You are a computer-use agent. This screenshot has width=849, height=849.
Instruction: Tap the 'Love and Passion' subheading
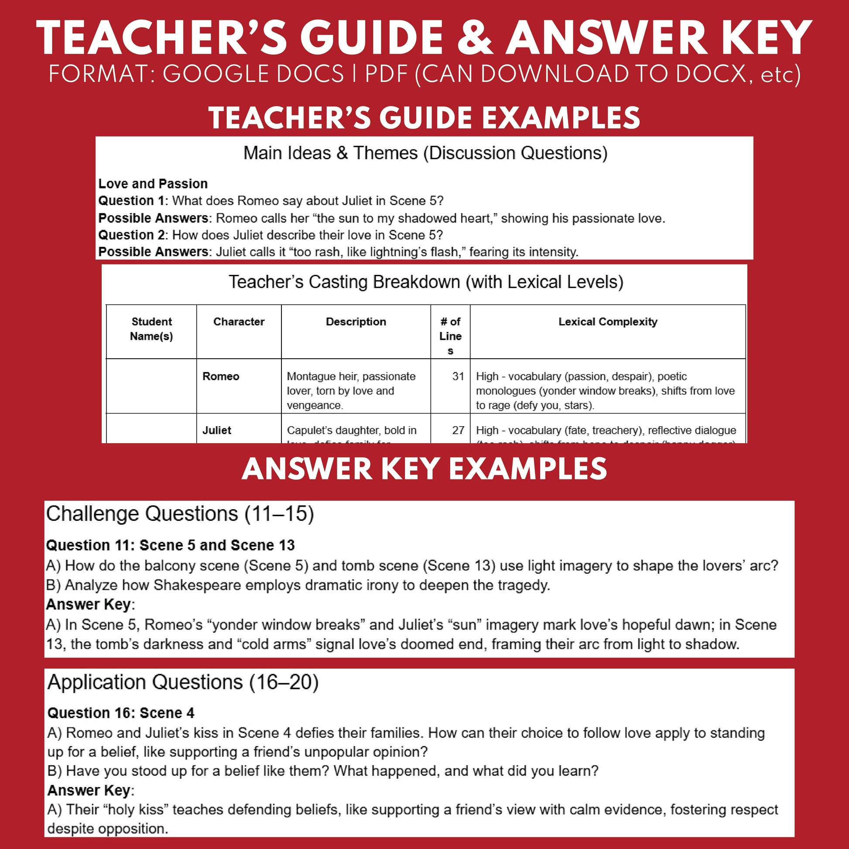(153, 184)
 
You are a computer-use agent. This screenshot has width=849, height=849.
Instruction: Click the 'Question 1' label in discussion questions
(131, 201)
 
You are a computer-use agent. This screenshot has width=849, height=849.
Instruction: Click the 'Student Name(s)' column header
(152, 329)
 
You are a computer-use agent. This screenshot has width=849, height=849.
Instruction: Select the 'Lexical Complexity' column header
(608, 322)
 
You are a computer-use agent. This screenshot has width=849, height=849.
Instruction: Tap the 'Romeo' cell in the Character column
(221, 377)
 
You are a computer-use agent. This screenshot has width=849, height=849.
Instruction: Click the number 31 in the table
(458, 377)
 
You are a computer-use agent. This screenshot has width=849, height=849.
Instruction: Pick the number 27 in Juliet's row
(458, 431)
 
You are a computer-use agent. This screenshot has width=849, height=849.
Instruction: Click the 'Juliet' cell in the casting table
(217, 431)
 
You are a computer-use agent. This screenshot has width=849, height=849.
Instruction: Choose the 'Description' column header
(356, 322)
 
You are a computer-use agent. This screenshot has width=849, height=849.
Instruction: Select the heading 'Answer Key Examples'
(424, 469)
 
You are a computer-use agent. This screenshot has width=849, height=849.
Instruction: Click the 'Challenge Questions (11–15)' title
(180, 514)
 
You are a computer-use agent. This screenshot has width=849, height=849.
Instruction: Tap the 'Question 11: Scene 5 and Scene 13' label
(170, 545)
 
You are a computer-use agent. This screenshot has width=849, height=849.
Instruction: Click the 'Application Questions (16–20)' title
(183, 682)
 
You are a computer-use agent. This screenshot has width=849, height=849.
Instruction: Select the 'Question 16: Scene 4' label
(121, 713)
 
